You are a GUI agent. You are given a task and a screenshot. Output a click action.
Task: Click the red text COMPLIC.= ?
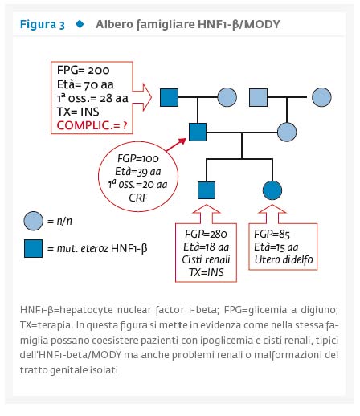(x=92, y=125)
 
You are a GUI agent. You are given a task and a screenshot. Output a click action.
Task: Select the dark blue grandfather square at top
(x=169, y=97)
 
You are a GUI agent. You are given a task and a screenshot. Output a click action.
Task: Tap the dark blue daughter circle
(x=272, y=190)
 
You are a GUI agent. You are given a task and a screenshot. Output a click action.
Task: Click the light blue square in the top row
(x=258, y=97)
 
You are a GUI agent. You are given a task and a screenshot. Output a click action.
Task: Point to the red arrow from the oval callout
(x=176, y=145)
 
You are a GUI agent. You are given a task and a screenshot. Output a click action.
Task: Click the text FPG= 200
(x=83, y=70)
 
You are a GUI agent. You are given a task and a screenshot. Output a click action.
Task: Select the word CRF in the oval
(x=138, y=198)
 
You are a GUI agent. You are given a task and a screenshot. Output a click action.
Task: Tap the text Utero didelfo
(x=284, y=259)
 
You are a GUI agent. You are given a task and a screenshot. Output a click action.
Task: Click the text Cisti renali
(x=206, y=259)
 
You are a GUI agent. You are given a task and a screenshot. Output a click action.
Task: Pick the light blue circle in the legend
(x=33, y=221)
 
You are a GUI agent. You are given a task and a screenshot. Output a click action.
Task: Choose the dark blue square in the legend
(x=33, y=248)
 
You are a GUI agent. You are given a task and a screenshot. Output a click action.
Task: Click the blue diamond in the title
(x=80, y=24)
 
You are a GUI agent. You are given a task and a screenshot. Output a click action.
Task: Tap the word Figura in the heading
(x=38, y=24)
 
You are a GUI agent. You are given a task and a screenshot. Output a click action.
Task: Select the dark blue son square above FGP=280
(x=207, y=190)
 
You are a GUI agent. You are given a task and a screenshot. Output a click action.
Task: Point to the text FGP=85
(x=272, y=234)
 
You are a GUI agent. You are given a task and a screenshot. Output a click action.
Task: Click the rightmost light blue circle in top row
(x=321, y=97)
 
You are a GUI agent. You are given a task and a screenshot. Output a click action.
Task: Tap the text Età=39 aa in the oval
(x=138, y=172)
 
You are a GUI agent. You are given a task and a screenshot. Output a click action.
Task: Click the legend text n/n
(x=64, y=221)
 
